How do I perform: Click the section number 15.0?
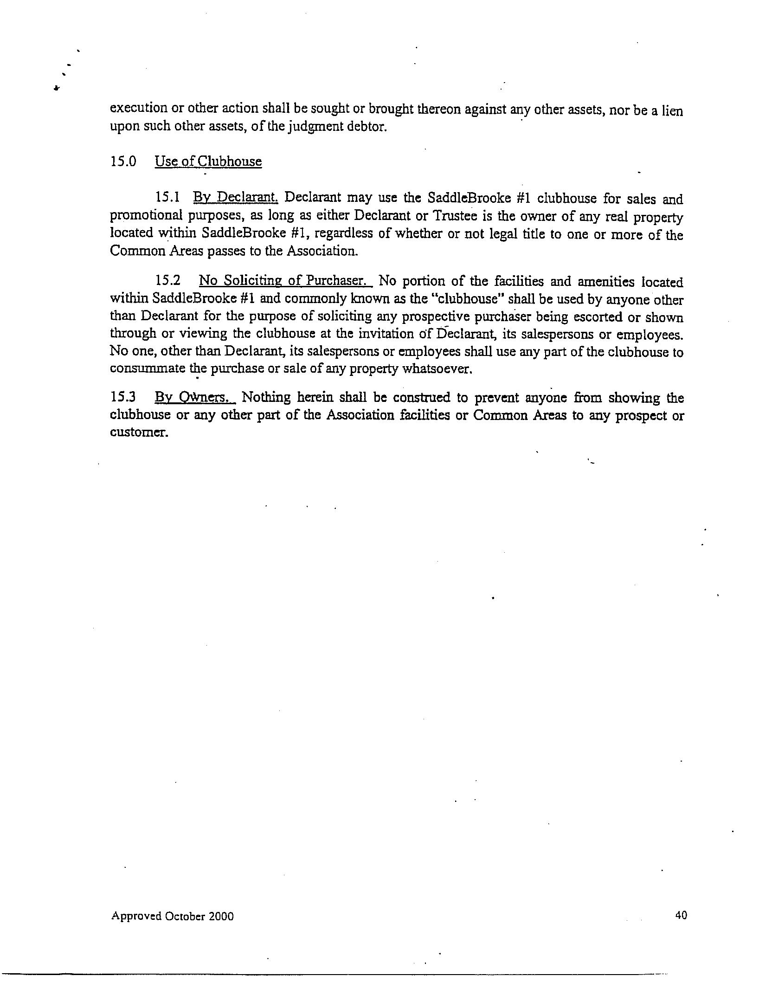123,162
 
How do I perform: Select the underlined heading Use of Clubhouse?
208,162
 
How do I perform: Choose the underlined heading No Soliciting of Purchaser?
285,281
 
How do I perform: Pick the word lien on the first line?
672,111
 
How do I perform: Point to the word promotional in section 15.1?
142,216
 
